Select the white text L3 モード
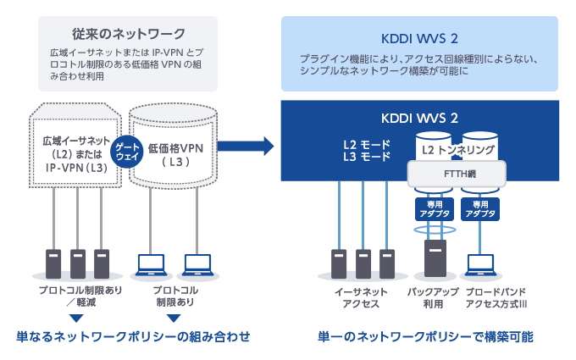[365, 157]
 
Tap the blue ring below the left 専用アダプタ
[433, 229]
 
